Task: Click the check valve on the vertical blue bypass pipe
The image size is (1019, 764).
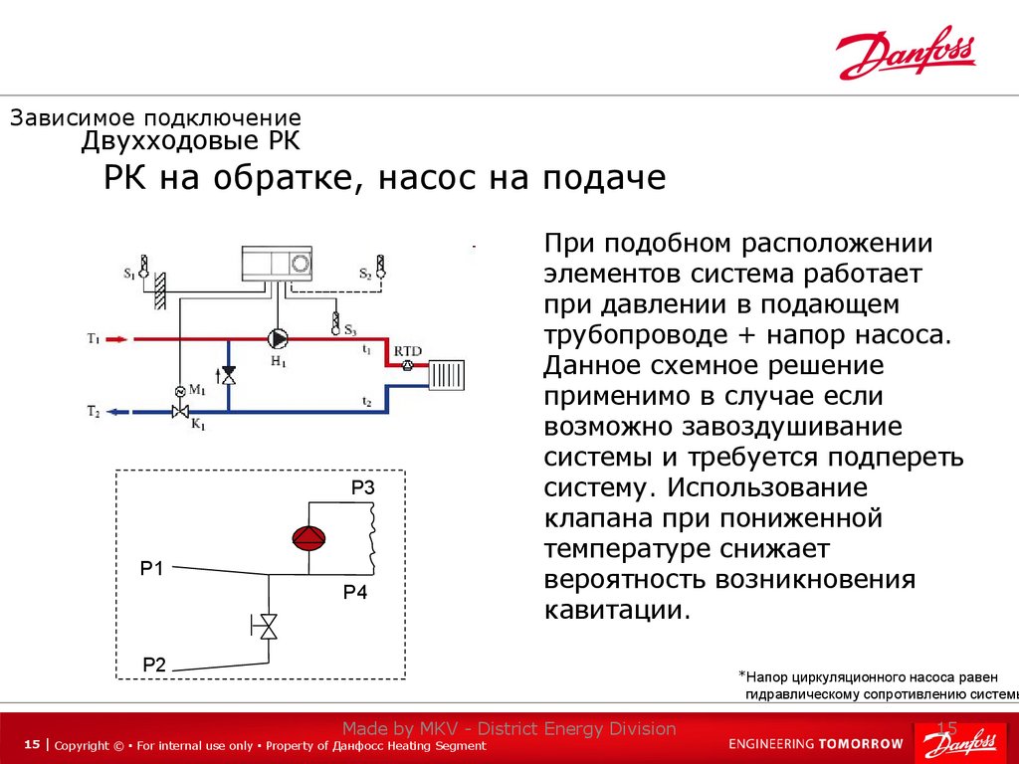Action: pos(229,375)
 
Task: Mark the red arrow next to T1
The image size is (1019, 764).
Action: pos(115,339)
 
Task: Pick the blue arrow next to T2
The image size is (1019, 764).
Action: pos(115,410)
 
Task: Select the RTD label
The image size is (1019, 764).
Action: pos(407,350)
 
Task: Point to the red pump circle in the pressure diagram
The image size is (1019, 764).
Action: pos(308,538)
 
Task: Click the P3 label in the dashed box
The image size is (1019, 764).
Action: pos(362,488)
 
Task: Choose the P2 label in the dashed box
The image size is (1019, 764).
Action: pos(154,665)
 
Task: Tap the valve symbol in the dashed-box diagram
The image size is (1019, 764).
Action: pos(267,625)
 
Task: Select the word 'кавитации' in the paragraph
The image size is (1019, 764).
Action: pos(616,609)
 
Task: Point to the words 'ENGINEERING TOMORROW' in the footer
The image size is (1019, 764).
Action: pos(816,743)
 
